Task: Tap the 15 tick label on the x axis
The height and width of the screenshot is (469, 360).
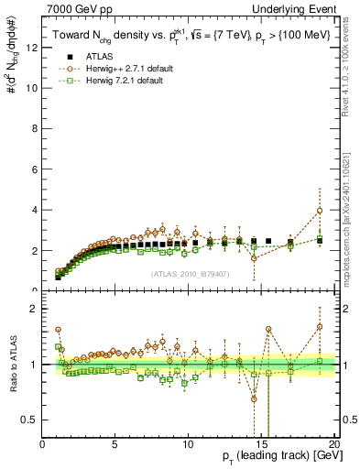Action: pos(260,444)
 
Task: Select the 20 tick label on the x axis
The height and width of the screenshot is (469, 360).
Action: pos(333,444)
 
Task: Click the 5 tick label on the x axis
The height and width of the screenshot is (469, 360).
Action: pos(115,444)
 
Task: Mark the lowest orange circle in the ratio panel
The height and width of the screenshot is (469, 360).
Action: pos(254,398)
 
